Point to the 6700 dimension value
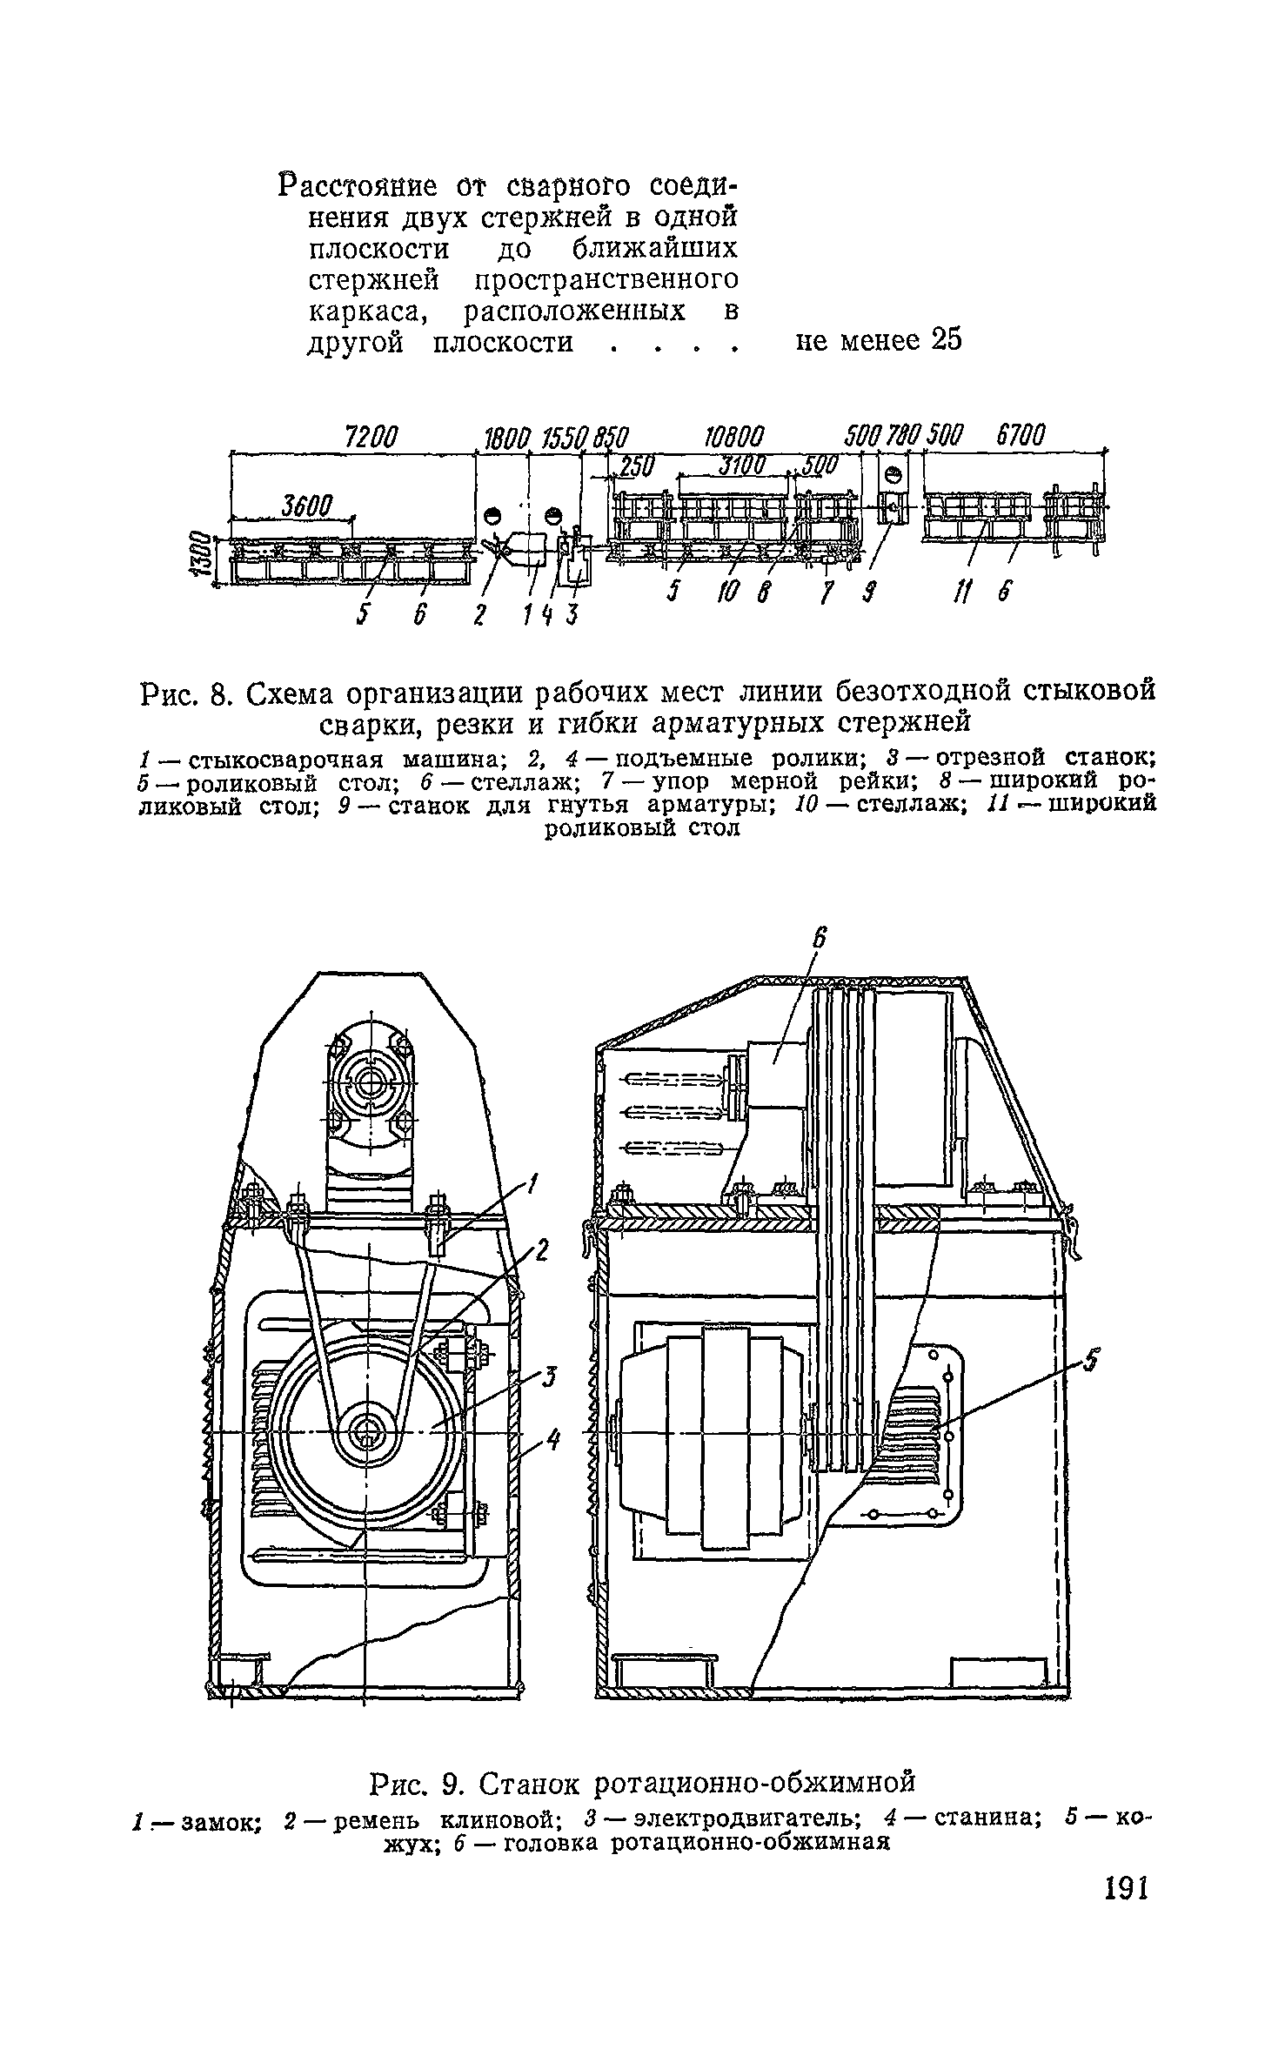tap(1021, 435)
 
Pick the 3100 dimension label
tap(740, 467)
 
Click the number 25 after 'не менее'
tap(946, 340)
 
